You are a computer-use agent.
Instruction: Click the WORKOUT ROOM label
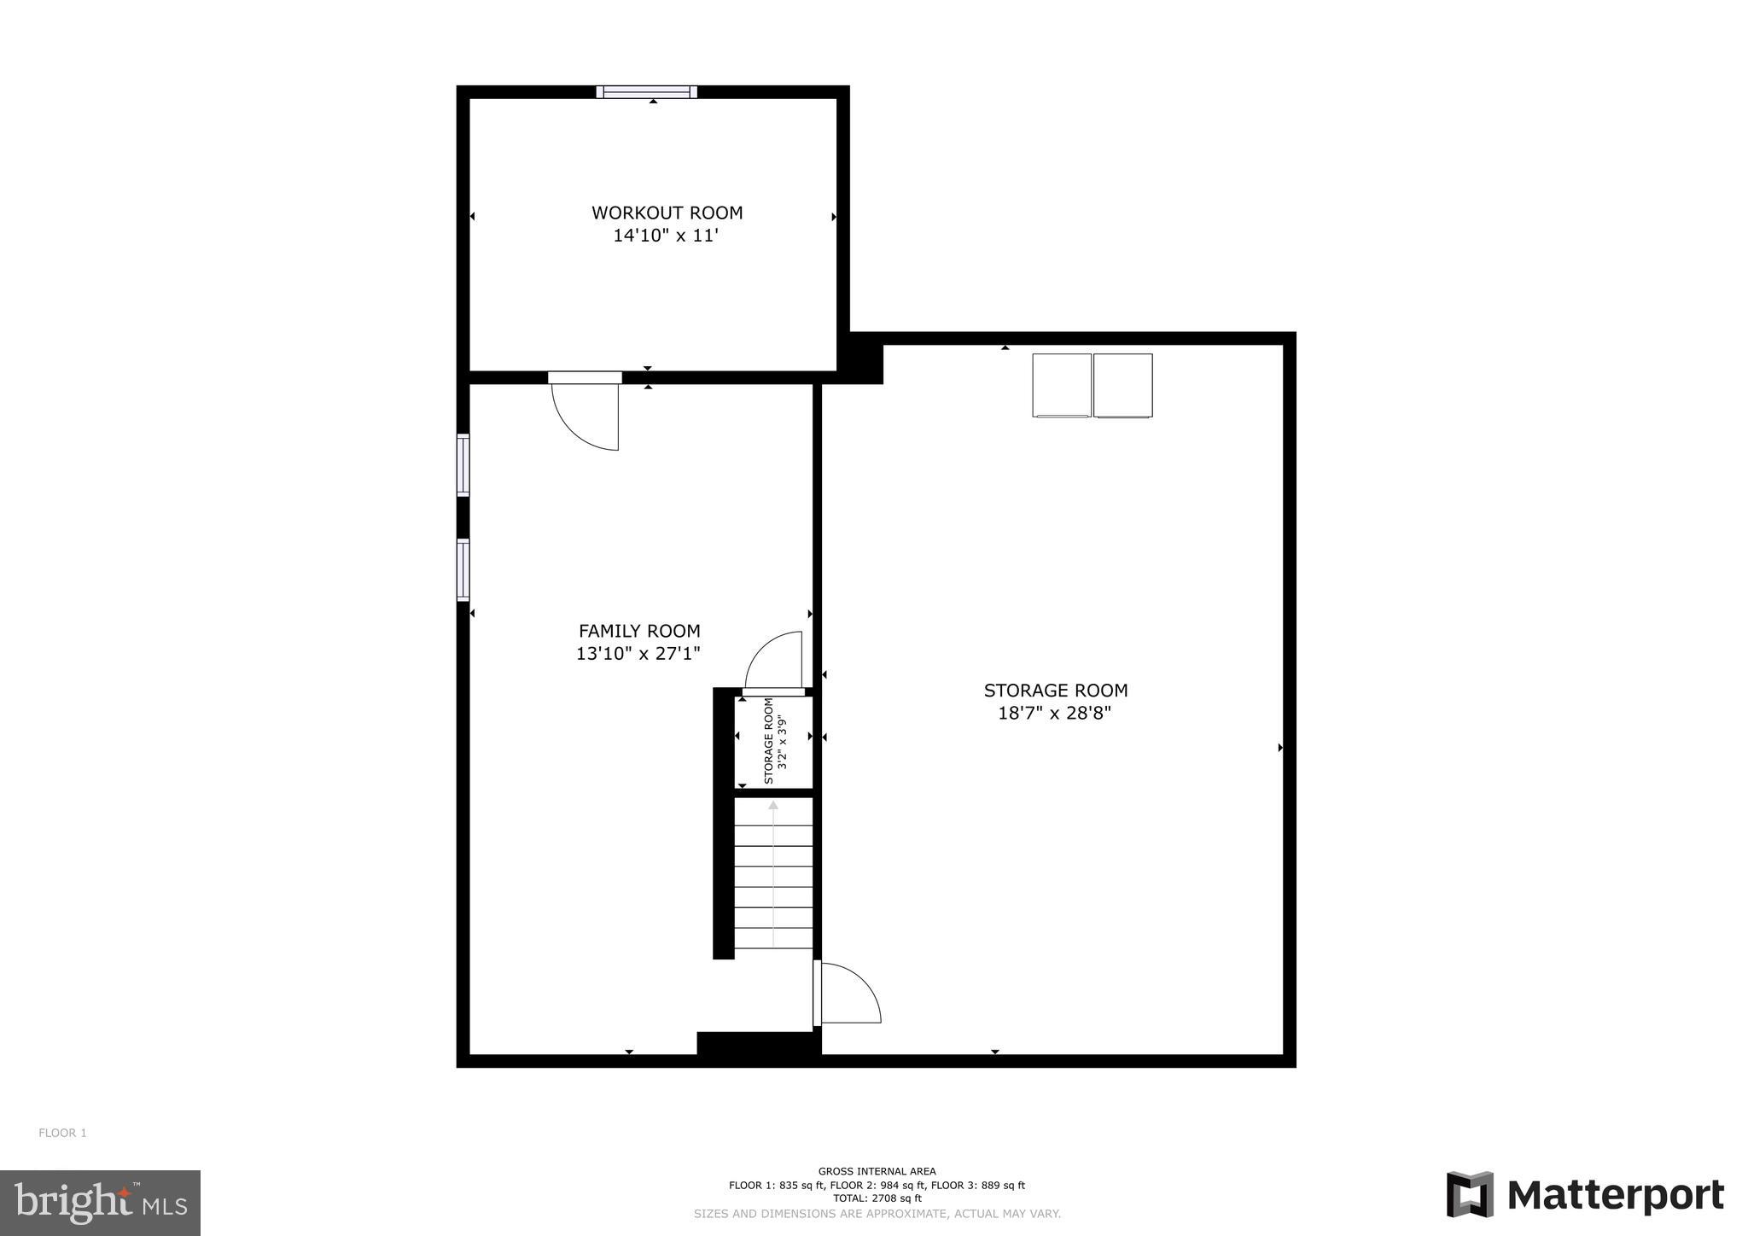pos(667,213)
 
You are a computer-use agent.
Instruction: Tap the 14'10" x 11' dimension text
pos(666,236)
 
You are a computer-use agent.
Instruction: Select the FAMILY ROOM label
pos(639,631)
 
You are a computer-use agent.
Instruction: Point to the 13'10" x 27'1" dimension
pos(638,654)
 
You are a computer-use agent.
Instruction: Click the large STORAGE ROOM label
pos(1055,691)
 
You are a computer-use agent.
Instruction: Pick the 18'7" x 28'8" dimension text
pos(1055,713)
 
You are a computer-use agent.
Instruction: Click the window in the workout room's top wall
pos(646,92)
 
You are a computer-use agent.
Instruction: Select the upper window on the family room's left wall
pos(463,465)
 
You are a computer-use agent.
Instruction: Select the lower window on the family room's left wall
pos(463,569)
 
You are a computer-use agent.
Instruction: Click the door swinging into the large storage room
pos(848,993)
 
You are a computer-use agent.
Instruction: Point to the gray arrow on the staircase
pos(773,871)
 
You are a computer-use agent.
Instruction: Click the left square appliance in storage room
pos(1062,385)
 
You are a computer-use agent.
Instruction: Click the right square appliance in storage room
pos(1122,385)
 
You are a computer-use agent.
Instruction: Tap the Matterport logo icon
pos(1469,1194)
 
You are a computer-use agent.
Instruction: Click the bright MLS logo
pos(100,1203)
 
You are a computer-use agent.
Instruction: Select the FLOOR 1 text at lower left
pos(62,1133)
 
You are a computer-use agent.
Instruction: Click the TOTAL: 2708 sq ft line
pos(877,1198)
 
